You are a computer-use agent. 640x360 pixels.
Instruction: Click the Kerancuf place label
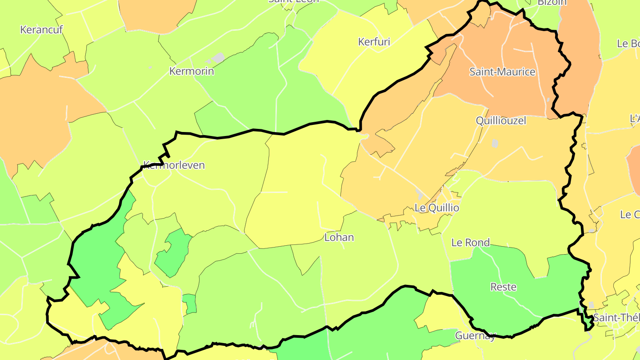pyautogui.click(x=42, y=30)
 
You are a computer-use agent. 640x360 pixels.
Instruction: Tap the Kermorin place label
pyautogui.click(x=192, y=71)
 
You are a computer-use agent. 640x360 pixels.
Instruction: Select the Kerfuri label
pyautogui.click(x=374, y=42)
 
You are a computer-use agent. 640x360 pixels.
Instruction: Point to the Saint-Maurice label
pyautogui.click(x=502, y=72)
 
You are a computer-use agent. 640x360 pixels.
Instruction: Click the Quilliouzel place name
pyautogui.click(x=501, y=120)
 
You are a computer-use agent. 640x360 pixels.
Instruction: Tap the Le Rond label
pyautogui.click(x=470, y=243)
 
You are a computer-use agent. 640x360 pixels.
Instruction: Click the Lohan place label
pyautogui.click(x=339, y=237)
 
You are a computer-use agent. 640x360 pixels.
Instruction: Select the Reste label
pyautogui.click(x=503, y=287)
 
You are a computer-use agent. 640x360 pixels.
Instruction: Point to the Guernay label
pyautogui.click(x=475, y=336)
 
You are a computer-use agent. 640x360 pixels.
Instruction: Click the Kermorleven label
pyautogui.click(x=174, y=165)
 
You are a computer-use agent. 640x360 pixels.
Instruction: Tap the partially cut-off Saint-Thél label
pyautogui.click(x=616, y=318)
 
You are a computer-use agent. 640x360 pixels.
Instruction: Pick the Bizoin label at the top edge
pyautogui.click(x=552, y=2)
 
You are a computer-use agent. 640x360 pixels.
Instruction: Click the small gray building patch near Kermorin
pyautogui.click(x=218, y=58)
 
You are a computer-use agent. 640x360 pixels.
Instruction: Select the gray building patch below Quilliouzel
pyautogui.click(x=495, y=144)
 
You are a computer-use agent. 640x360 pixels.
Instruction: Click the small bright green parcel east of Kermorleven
pyautogui.click(x=171, y=253)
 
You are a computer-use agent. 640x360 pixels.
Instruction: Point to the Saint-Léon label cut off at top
pyautogui.click(x=294, y=1)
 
